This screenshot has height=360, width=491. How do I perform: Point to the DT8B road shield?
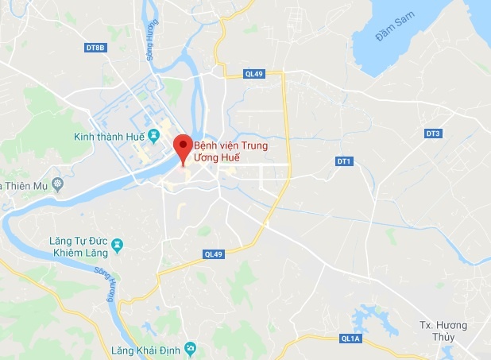point(95,48)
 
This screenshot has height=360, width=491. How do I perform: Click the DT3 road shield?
point(433,134)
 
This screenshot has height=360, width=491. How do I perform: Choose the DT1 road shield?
point(343,161)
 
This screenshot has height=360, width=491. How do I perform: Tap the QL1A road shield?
point(350,338)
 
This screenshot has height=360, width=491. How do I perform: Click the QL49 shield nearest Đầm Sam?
point(254,74)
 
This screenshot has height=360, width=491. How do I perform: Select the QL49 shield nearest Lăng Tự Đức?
point(213,254)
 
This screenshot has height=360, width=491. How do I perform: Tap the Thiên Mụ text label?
point(25,185)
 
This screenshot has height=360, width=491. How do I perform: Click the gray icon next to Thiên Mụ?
point(57,185)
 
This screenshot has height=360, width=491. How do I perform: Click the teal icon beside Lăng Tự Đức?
point(118,244)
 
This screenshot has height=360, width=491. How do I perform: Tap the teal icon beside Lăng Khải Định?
point(190,348)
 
